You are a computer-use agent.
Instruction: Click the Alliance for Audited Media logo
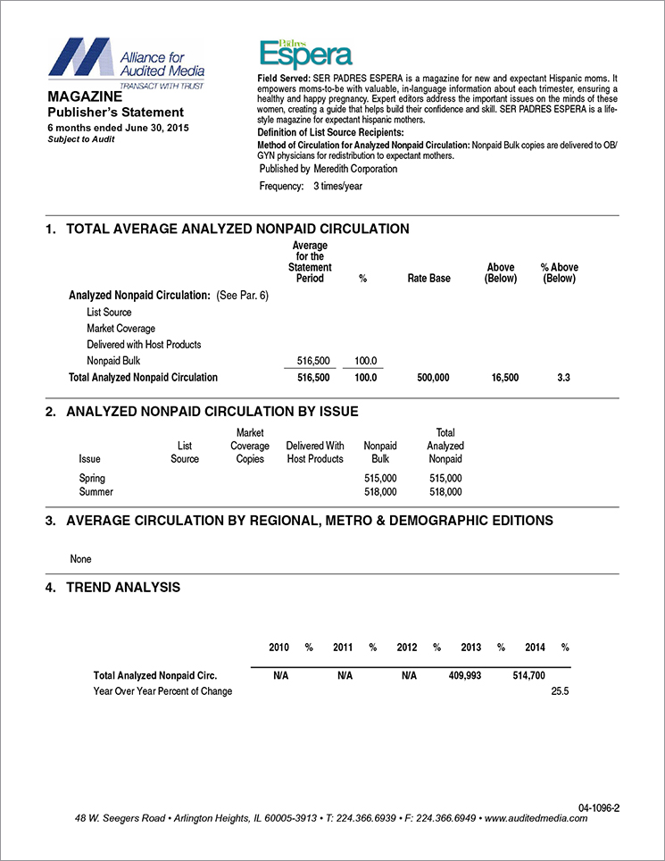pyautogui.click(x=127, y=61)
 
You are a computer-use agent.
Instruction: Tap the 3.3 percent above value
pyautogui.click(x=563, y=378)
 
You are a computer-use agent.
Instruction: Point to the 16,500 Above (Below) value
pyautogui.click(x=505, y=378)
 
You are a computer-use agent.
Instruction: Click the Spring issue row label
pyautogui.click(x=92, y=479)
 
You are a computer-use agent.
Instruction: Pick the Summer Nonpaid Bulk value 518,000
pyautogui.click(x=381, y=491)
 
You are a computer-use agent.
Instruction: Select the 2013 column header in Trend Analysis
pyautogui.click(x=471, y=647)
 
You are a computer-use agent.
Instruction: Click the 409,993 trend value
pyautogui.click(x=465, y=676)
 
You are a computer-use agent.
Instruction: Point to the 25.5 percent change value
pyautogui.click(x=561, y=691)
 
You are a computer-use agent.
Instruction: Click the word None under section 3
pyautogui.click(x=80, y=559)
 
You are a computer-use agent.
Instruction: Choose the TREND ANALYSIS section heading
pyautogui.click(x=123, y=588)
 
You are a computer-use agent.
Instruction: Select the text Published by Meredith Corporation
pyautogui.click(x=328, y=169)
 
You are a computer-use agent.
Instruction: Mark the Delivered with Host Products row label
pyautogui.click(x=144, y=345)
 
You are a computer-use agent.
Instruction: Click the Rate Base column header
pyautogui.click(x=428, y=279)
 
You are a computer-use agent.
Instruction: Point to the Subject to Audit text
pyautogui.click(x=82, y=140)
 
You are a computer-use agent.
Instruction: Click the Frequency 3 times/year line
pyautogui.click(x=311, y=187)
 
